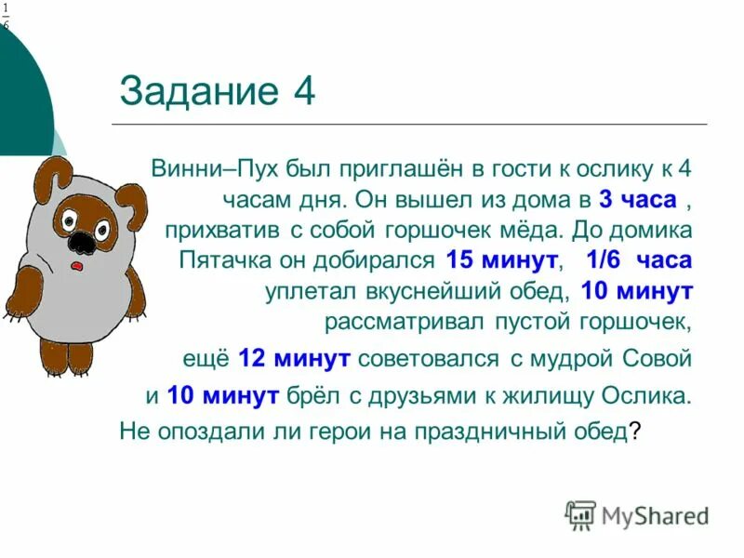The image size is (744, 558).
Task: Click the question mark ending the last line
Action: click(635, 432)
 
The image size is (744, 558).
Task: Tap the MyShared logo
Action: click(638, 514)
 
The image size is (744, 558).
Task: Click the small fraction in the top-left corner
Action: click(6, 16)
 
